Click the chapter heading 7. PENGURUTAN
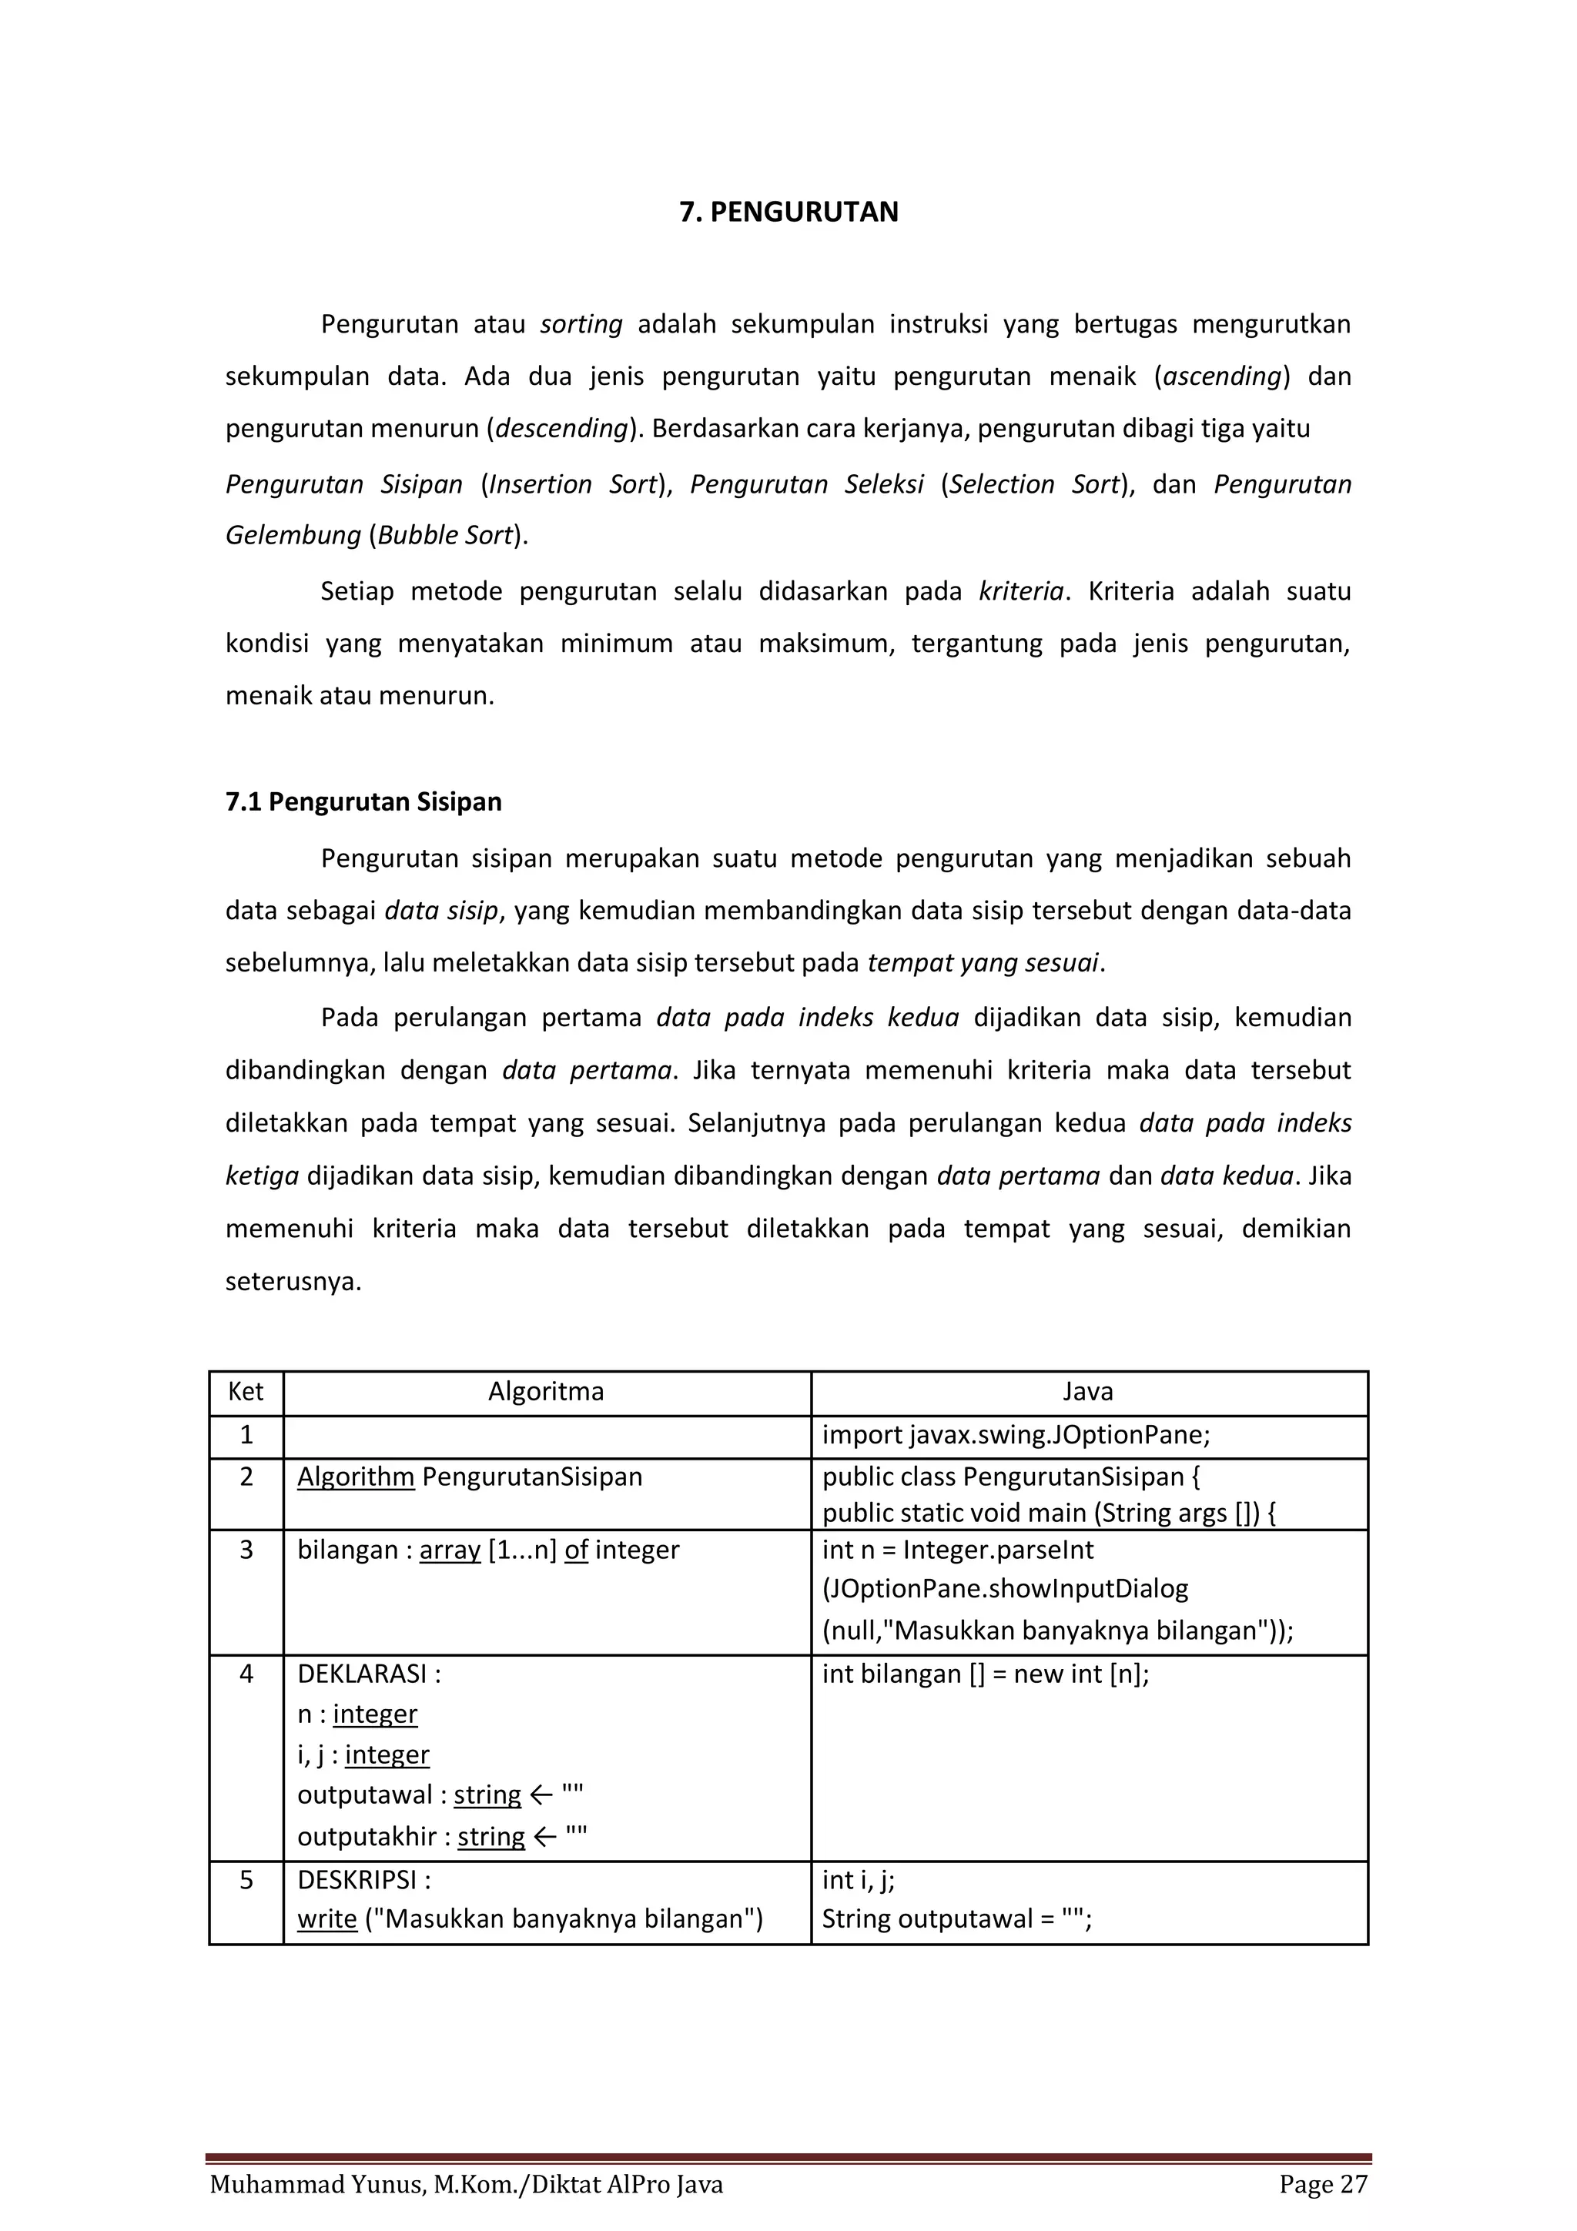point(788,212)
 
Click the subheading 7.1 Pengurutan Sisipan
point(363,801)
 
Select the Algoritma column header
point(545,1391)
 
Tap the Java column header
point(1087,1391)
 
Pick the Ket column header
point(246,1391)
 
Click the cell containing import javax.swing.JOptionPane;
point(1016,1435)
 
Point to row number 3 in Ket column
point(246,1550)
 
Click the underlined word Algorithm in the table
point(356,1477)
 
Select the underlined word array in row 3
point(450,1550)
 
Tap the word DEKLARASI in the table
point(361,1674)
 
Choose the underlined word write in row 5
point(326,1919)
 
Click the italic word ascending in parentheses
point(1222,376)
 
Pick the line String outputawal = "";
point(956,1919)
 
